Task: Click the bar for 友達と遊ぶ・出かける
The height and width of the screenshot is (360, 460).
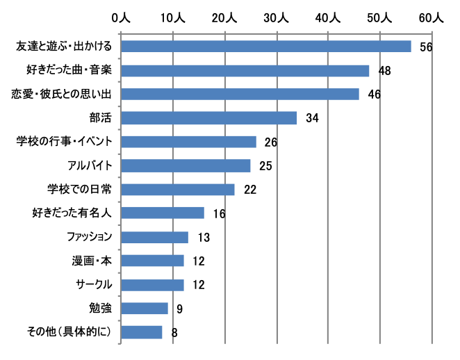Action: tap(265, 47)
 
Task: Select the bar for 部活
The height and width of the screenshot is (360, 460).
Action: tap(208, 117)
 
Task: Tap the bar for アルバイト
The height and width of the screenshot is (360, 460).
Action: tap(186, 165)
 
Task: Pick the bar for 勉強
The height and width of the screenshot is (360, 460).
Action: tap(145, 308)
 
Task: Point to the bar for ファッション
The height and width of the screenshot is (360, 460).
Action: tap(154, 237)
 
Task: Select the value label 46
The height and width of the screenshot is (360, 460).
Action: tap(374, 95)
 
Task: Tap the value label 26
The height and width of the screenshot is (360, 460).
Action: tap(271, 142)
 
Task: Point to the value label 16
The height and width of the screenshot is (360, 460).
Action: tap(219, 213)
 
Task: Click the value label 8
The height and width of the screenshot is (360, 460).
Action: tap(174, 332)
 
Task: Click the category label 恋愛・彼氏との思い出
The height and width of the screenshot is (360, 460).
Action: tap(66, 94)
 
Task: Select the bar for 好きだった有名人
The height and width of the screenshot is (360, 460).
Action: tap(163, 213)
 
